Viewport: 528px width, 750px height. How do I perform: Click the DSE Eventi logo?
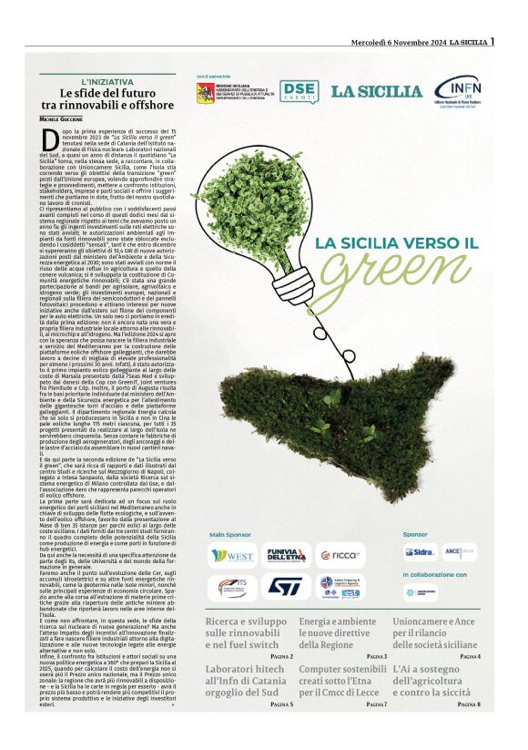pos(299,91)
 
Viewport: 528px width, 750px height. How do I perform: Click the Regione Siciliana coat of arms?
pos(206,92)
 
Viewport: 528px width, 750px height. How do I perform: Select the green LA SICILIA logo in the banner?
pos(376,91)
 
